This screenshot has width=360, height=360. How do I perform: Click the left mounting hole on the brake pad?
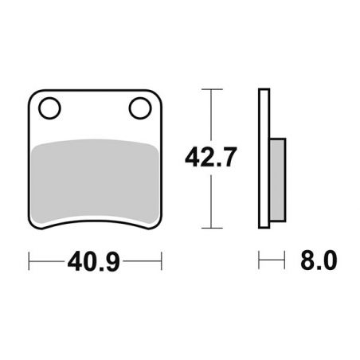pyautogui.click(x=49, y=107)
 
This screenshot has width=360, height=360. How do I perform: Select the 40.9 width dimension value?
pyautogui.click(x=95, y=260)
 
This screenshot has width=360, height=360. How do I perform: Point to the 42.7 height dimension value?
pyautogui.click(x=209, y=158)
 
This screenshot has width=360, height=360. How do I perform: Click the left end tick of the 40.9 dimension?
pyautogui.click(x=29, y=260)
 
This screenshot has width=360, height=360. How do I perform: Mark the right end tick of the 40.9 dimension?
pyautogui.click(x=162, y=260)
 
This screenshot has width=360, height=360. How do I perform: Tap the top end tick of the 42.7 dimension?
pyautogui.click(x=209, y=89)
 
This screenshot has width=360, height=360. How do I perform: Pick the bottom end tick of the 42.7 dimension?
pyautogui.click(x=209, y=227)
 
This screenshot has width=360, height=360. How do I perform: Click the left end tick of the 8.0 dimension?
pyautogui.click(x=259, y=260)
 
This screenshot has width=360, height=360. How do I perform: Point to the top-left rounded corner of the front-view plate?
pyautogui.click(x=33, y=94)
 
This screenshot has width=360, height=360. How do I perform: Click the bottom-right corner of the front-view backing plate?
pyautogui.click(x=158, y=225)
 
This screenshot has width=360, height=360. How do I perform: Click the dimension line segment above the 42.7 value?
pyautogui.click(x=209, y=115)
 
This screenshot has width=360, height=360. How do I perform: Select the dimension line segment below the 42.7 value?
pyautogui.click(x=209, y=199)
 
